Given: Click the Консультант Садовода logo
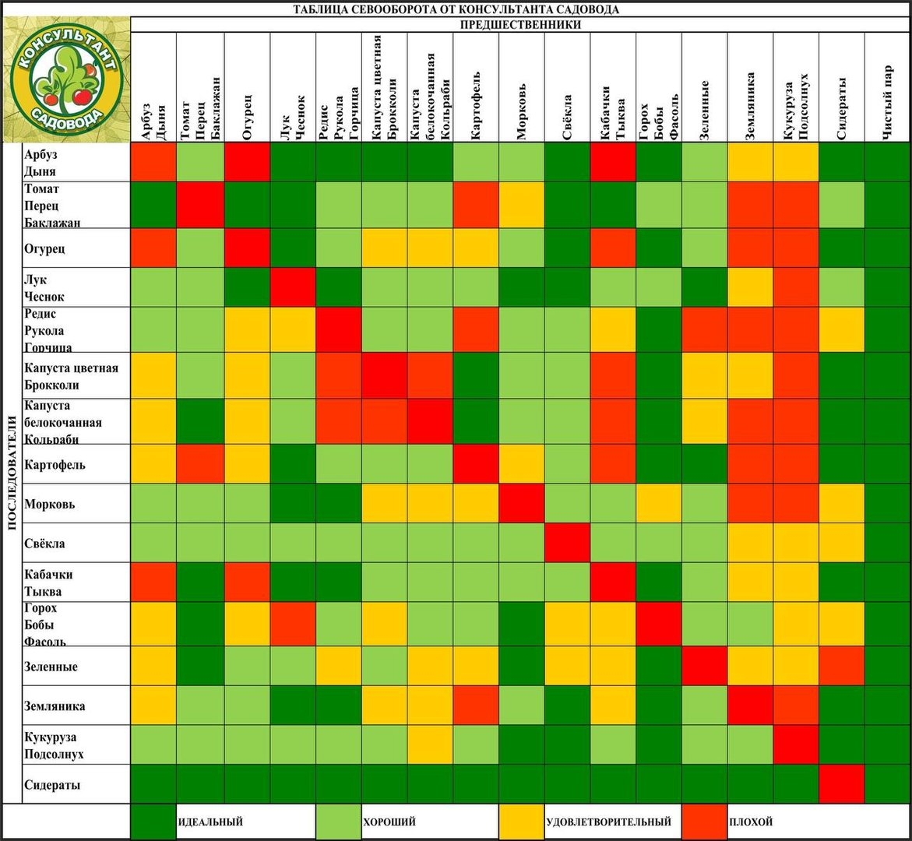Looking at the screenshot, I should (65, 80).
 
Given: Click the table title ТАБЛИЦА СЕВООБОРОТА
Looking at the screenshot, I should (456, 9).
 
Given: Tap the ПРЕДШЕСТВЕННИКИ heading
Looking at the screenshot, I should (520, 24).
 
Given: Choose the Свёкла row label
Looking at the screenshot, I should (44, 544).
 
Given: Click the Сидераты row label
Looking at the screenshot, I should (52, 785).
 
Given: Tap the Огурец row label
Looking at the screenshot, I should (44, 248).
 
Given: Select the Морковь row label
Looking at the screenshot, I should (48, 504).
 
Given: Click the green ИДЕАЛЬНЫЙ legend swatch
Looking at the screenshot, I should (153, 822).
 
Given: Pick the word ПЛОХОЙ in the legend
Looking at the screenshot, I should (751, 822).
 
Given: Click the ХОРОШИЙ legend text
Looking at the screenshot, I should (389, 822).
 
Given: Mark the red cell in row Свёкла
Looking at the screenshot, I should (567, 543).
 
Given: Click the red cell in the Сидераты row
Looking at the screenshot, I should (842, 783).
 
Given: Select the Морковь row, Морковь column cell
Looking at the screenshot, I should (522, 503).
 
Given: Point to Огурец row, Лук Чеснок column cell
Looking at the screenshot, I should (293, 248).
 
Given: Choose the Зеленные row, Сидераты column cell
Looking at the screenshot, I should (842, 666).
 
